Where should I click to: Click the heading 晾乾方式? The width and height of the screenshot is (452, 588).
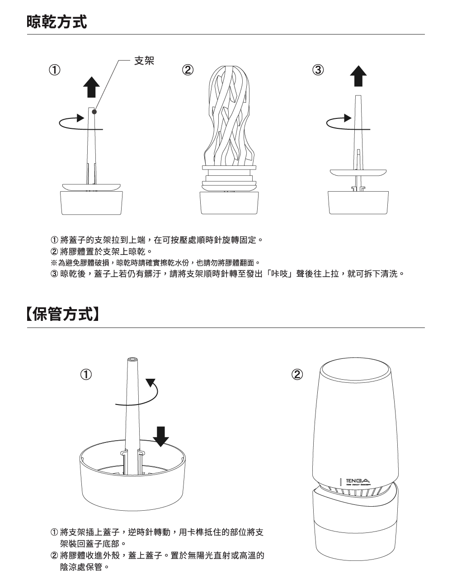pyautogui.click(x=57, y=22)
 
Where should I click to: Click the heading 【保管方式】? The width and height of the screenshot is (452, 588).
pyautogui.click(x=62, y=314)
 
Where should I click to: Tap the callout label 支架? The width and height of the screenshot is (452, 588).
pyautogui.click(x=144, y=61)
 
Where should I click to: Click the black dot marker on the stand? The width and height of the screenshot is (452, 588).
pyautogui.click(x=94, y=112)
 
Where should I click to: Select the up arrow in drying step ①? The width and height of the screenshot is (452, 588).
pyautogui.click(x=91, y=87)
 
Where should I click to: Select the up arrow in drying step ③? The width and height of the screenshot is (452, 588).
pyautogui.click(x=358, y=76)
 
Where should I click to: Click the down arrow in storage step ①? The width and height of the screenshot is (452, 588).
pyautogui.click(x=160, y=437)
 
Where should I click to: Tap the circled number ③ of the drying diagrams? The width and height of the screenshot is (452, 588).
pyautogui.click(x=318, y=70)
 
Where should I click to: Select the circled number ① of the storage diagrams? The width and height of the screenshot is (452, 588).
pyautogui.click(x=86, y=375)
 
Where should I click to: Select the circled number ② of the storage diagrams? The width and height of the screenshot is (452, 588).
pyautogui.click(x=297, y=375)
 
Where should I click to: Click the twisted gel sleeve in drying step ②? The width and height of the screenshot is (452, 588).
pyautogui.click(x=229, y=115)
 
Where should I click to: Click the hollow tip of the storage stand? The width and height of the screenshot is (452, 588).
pyautogui.click(x=132, y=360)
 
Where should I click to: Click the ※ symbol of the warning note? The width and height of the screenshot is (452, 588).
pyautogui.click(x=54, y=263)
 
